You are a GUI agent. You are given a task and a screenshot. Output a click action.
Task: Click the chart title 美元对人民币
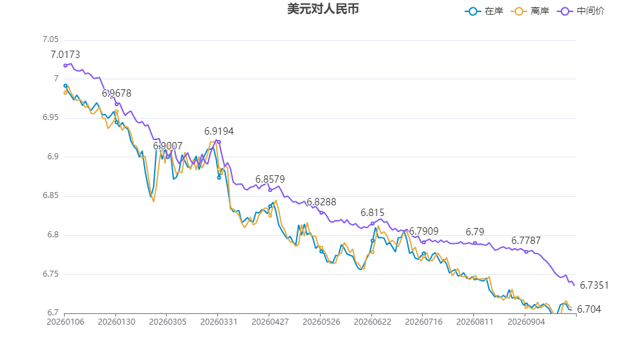pos(323,9)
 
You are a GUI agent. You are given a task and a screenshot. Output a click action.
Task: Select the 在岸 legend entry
pos(484,11)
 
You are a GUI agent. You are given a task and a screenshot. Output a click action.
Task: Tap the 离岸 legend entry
pos(530,11)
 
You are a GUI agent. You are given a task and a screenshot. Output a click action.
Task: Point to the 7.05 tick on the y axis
pos(51,39)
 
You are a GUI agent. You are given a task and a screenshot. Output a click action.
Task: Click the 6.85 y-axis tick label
pos(51,195)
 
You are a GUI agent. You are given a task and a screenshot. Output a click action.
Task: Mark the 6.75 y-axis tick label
pos(51,274)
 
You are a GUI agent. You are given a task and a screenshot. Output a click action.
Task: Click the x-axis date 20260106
pos(65,322)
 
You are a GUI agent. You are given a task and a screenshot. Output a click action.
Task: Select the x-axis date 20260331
pos(219,322)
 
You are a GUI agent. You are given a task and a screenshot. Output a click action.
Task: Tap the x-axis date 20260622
pos(372,322)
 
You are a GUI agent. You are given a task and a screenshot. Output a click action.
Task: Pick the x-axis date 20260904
pos(526,322)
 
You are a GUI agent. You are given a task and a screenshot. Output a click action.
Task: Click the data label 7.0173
pos(65,55)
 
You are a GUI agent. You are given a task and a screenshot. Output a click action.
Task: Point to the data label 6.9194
pos(219,131)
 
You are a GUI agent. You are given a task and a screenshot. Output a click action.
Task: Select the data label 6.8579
pos(270,179)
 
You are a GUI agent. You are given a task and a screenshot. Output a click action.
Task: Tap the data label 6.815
pos(372,213)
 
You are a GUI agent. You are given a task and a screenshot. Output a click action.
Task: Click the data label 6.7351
pos(594,285)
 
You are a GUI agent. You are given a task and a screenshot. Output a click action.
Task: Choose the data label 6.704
pos(589,309)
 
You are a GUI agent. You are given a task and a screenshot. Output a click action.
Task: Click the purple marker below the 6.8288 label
pos(321,213)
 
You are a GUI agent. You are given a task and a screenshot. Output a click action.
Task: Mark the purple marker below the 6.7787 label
pos(526,252)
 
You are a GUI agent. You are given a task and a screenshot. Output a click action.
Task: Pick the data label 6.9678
pos(117,93)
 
